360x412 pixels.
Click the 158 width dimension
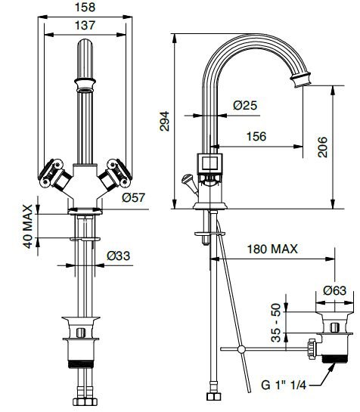pos(85,7)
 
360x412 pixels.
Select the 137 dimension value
pos(85,26)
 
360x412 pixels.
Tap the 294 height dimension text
pos(165,121)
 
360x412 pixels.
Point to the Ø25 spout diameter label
pos(245,105)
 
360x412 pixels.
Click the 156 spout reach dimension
pos(256,136)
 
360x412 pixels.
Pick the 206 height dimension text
pos(323,147)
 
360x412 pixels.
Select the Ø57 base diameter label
pos(133,197)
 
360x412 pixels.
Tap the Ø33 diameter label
pos(118,256)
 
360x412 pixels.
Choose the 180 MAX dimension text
pos(272,249)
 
